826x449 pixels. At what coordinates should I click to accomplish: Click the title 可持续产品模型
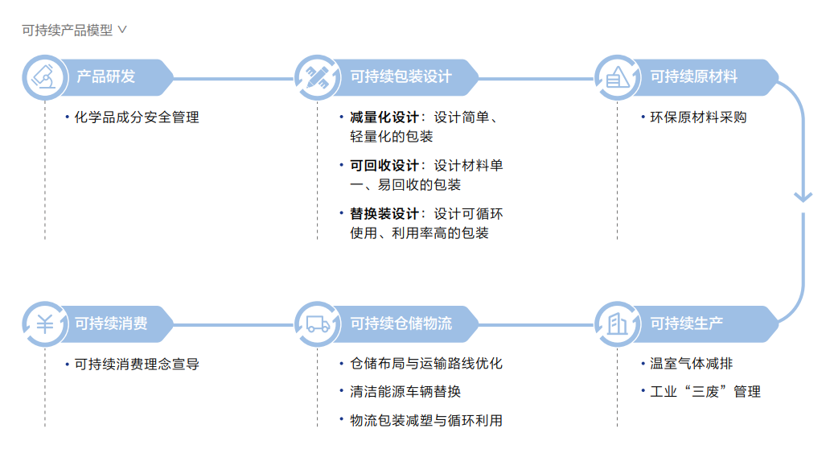pos(68,31)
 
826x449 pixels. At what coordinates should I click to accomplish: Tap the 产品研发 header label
pos(106,77)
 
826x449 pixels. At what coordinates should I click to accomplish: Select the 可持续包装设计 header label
pos(401,77)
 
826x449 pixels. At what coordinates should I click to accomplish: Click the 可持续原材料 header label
pos(693,77)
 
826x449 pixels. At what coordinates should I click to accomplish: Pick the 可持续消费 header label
pos(111,323)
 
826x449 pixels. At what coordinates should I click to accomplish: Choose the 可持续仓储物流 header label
pos(401,323)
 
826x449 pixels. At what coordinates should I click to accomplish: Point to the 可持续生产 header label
pos(686,323)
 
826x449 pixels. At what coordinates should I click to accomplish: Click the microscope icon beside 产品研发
pos(45,77)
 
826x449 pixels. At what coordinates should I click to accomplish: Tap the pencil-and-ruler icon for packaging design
pos(317,77)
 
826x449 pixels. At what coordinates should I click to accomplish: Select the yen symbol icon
pos(45,324)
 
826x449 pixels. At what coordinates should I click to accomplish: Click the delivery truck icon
pos(318,324)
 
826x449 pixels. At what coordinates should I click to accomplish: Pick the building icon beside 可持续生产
pos(618,323)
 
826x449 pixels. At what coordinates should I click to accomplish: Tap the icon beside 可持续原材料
pos(618,77)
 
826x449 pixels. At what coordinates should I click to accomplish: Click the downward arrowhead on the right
pos(803,198)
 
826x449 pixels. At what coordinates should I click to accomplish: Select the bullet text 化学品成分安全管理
pos(137,117)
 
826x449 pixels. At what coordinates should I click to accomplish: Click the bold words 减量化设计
pos(384,117)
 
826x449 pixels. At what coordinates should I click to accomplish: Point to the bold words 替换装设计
pos(384,214)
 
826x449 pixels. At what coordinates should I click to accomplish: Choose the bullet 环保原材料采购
pos(698,117)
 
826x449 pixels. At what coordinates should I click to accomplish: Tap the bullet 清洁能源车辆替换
pos(405,392)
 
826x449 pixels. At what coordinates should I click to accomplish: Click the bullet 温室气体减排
pos(691,364)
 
